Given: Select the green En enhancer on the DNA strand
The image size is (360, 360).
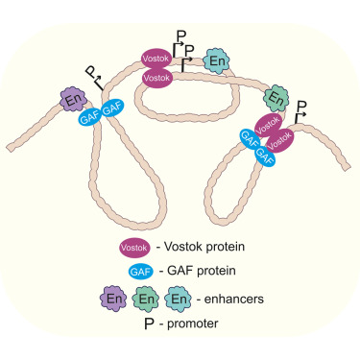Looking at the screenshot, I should tap(278, 97).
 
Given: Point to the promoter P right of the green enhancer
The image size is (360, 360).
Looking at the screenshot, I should tap(302, 107).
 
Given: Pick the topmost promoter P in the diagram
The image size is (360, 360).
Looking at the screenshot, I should tap(180, 39).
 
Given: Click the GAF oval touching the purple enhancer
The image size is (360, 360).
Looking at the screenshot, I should tap(89, 115).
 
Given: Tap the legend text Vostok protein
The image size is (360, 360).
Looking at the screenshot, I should tap(199, 247).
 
